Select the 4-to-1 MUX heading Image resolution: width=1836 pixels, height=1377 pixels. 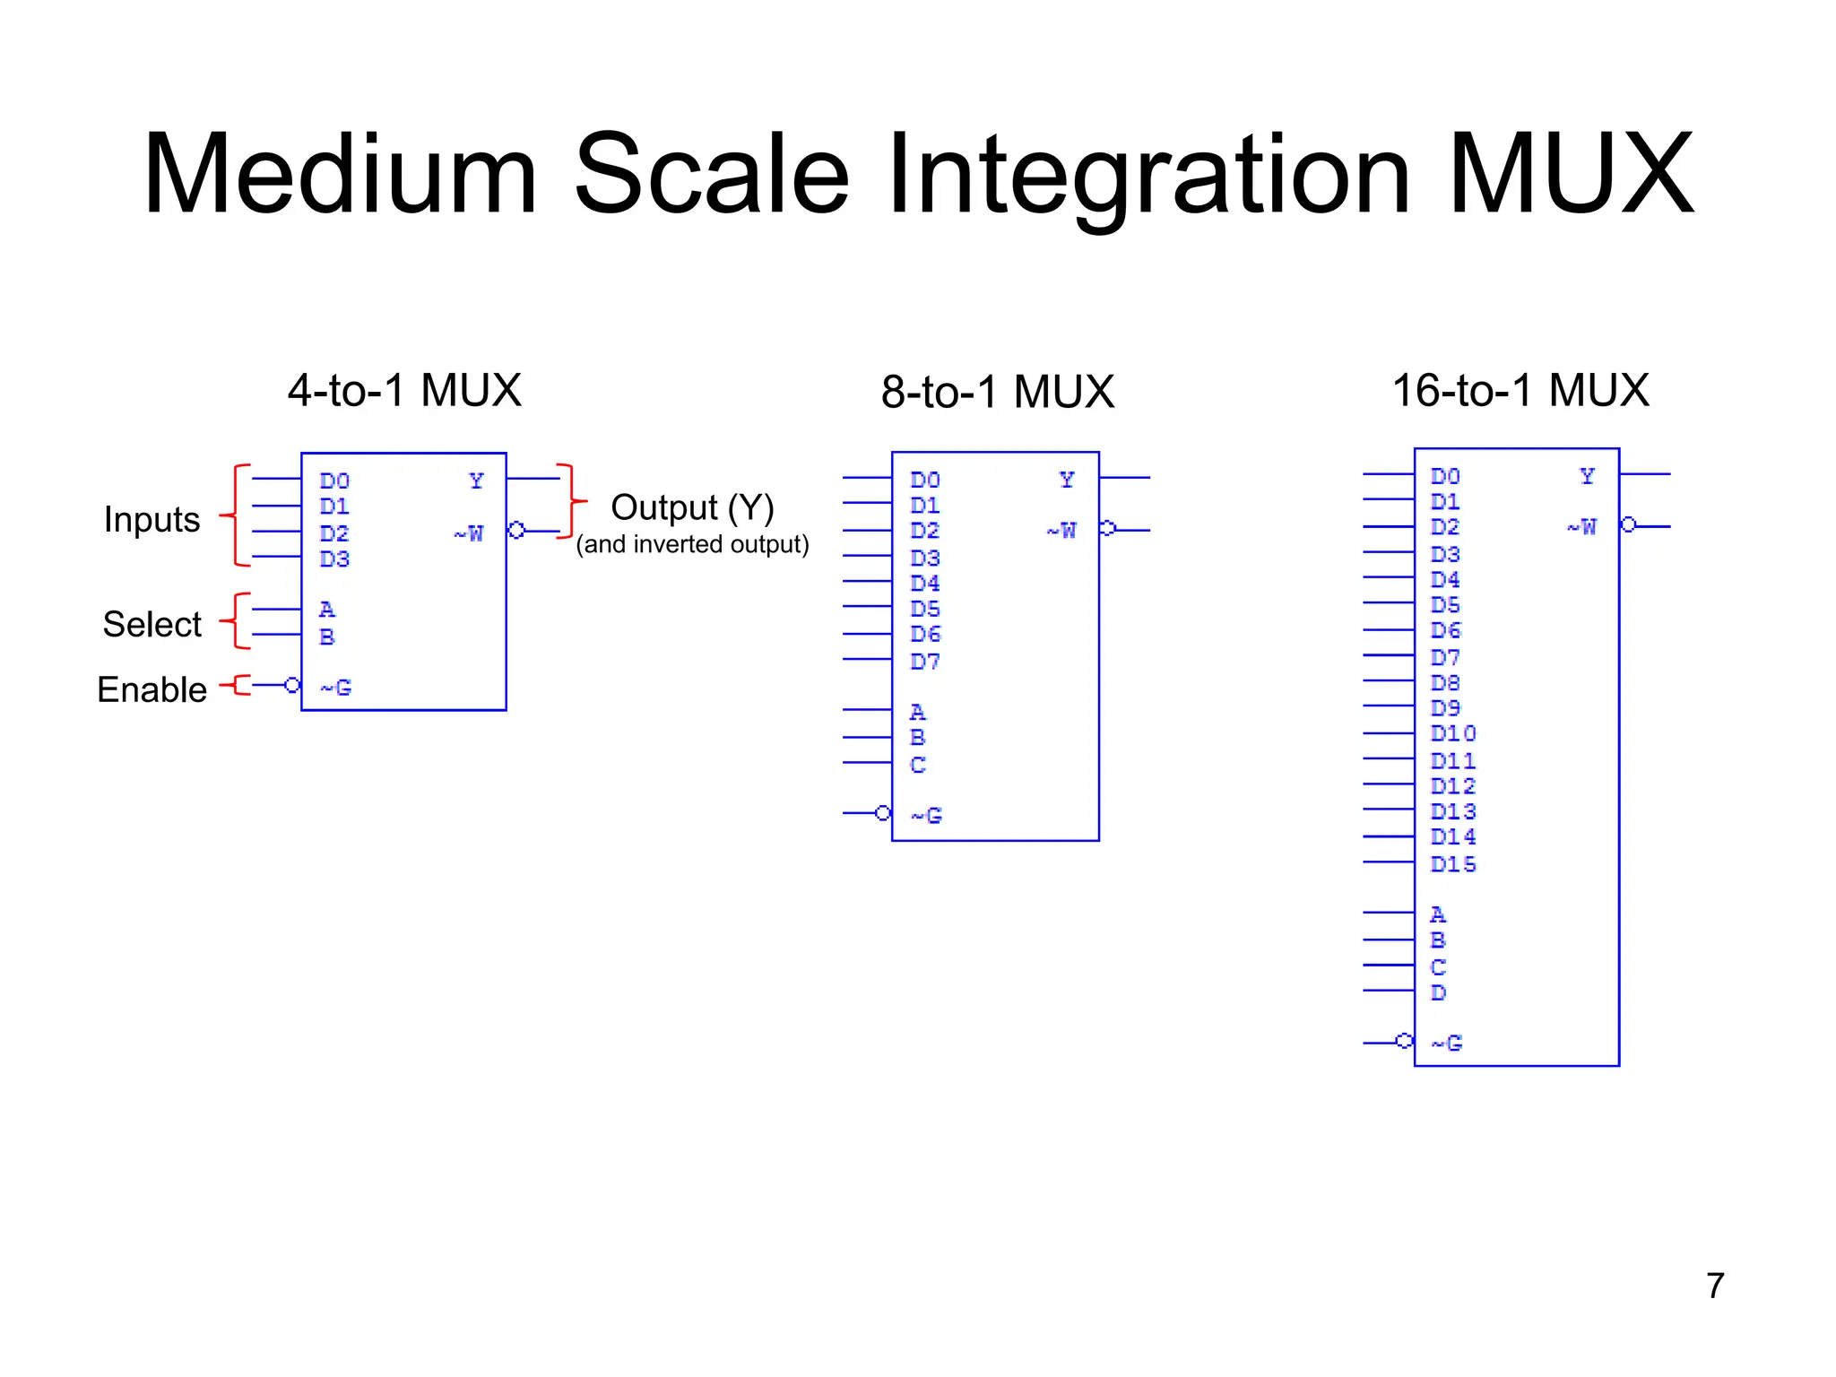pyautogui.click(x=404, y=390)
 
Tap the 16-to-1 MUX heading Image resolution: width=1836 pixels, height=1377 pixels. pyautogui.click(x=1520, y=390)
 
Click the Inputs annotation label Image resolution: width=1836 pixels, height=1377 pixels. pyautogui.click(x=152, y=519)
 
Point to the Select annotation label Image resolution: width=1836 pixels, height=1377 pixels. pyautogui.click(x=152, y=624)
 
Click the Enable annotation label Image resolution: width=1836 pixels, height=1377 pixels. pyautogui.click(x=152, y=689)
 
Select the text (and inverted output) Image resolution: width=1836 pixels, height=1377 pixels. pyautogui.click(x=692, y=544)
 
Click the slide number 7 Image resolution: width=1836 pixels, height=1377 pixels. pyautogui.click(x=1715, y=1285)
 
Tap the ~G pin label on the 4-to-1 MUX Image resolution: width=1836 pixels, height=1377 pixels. pyautogui.click(x=336, y=688)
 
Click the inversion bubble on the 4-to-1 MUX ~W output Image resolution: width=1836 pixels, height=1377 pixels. pyautogui.click(x=516, y=530)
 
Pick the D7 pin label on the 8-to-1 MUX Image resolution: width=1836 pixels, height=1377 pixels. pyautogui.click(x=925, y=662)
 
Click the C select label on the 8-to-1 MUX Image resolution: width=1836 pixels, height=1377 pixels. pyautogui.click(x=917, y=765)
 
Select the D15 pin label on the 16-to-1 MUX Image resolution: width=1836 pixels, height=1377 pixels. pyautogui.click(x=1453, y=864)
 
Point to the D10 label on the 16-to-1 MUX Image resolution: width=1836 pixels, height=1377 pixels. pyautogui.click(x=1453, y=733)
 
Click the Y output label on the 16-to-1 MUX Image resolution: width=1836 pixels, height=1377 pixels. pyautogui.click(x=1587, y=476)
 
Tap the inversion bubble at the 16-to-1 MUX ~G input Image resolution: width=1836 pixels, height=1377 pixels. pyautogui.click(x=1405, y=1041)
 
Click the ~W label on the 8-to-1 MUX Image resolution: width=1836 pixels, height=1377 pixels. pyautogui.click(x=1061, y=530)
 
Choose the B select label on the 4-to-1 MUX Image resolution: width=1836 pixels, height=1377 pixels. pyautogui.click(x=327, y=637)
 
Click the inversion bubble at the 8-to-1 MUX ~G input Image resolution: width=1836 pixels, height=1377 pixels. pyautogui.click(x=883, y=813)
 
